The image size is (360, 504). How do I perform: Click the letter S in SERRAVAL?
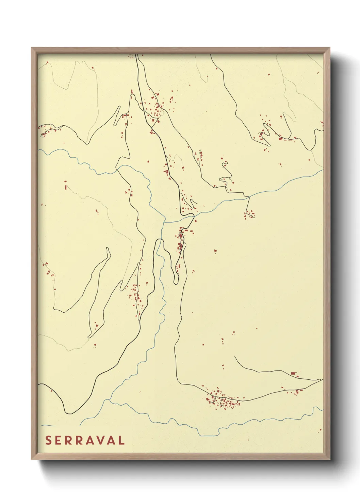pyautogui.click(x=48, y=440)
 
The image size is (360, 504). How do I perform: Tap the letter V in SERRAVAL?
pyautogui.click(x=100, y=440)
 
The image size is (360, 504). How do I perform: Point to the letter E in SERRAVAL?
pyautogui.click(x=59, y=440)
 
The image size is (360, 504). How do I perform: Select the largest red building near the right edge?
pyautogui.click(x=293, y=374)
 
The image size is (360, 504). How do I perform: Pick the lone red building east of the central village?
pyautogui.click(x=215, y=251)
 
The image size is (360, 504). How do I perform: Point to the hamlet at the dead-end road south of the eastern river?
pyautogui.click(x=250, y=215)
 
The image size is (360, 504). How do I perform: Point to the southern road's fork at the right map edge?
pyautogui.click(x=322, y=380)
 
